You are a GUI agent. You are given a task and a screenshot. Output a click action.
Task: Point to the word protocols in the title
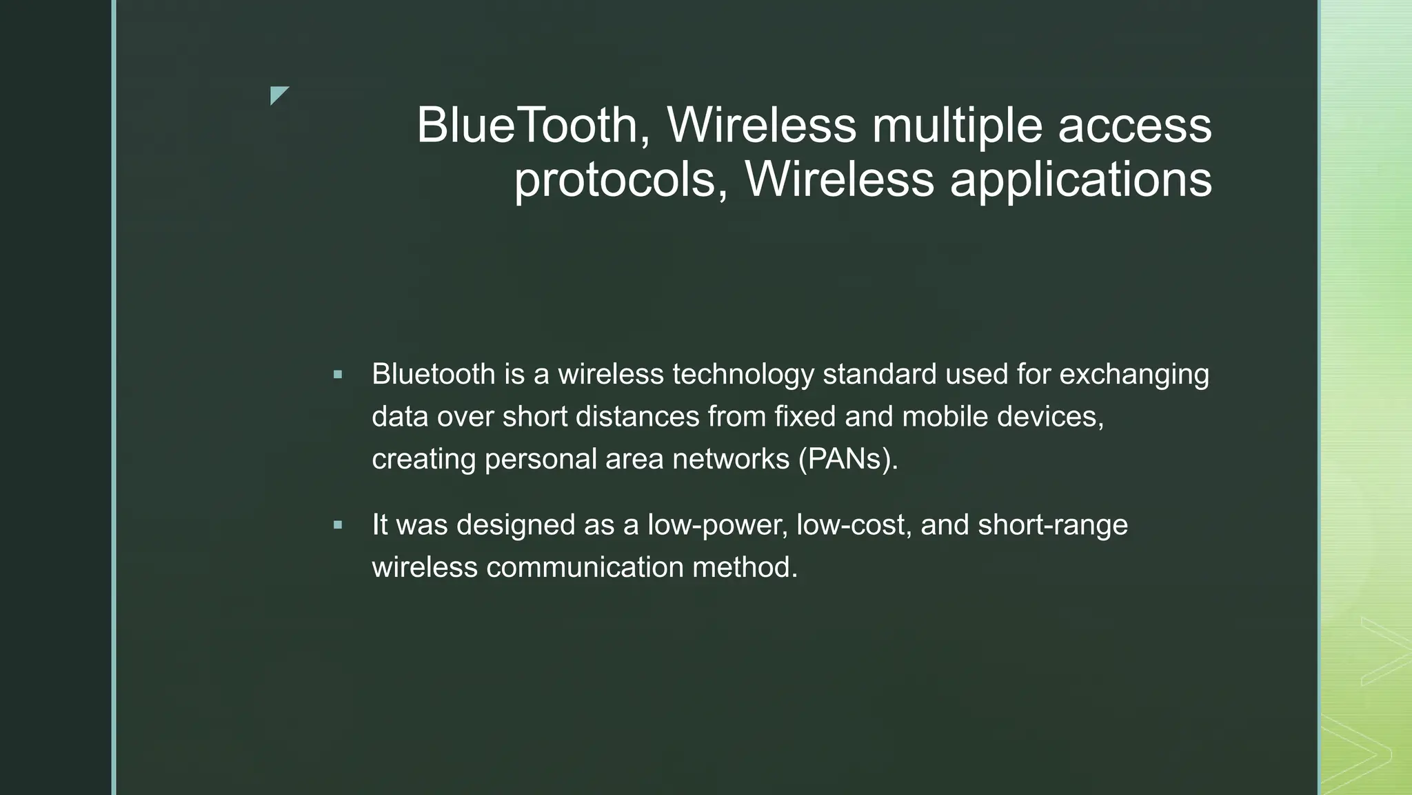tap(616, 179)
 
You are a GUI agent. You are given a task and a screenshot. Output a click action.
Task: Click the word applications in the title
tap(1080, 179)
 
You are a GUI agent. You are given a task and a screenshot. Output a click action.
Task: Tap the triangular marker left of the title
tap(278, 95)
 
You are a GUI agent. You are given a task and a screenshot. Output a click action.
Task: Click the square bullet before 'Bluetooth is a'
tap(337, 375)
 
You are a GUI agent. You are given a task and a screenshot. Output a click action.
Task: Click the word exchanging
tap(1133, 375)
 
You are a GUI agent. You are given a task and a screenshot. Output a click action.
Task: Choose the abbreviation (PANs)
tap(848, 459)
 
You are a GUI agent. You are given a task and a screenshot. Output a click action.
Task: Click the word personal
tap(541, 459)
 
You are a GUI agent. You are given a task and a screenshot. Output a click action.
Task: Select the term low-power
tap(717, 525)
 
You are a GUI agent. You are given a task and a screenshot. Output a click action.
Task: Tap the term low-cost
tap(854, 525)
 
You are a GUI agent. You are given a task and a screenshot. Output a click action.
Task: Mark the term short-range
tap(1053, 525)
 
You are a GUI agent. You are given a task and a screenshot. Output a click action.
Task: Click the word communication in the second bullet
tap(585, 567)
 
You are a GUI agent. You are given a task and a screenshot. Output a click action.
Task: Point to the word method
tap(745, 567)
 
